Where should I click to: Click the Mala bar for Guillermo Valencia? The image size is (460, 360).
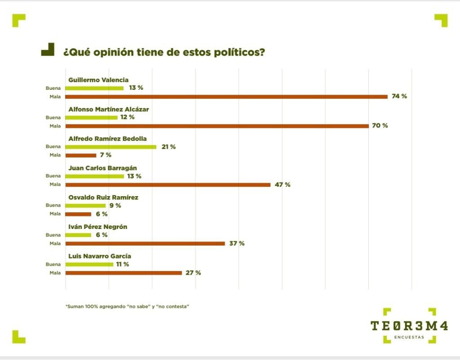226,97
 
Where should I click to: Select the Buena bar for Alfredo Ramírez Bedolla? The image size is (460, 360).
111,147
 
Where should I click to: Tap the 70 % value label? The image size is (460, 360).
380,126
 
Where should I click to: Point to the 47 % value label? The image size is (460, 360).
282,184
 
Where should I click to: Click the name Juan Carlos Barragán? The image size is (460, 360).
102,168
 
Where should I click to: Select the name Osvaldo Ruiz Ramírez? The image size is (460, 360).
103,198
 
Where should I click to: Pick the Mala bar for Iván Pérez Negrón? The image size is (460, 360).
145,243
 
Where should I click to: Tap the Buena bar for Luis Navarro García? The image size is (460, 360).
89,264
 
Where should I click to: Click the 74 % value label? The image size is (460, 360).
399,96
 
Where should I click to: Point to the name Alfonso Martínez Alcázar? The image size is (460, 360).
108,109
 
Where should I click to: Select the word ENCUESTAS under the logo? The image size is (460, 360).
409,338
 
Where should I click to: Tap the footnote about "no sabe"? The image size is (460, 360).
127,306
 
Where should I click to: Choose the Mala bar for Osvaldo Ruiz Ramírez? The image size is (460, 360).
78,214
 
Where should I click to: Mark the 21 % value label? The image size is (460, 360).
168,147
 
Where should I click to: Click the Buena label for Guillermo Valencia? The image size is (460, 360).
53,88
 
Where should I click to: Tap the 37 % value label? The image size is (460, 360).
237,243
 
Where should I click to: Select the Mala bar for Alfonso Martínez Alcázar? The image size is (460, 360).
217,126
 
